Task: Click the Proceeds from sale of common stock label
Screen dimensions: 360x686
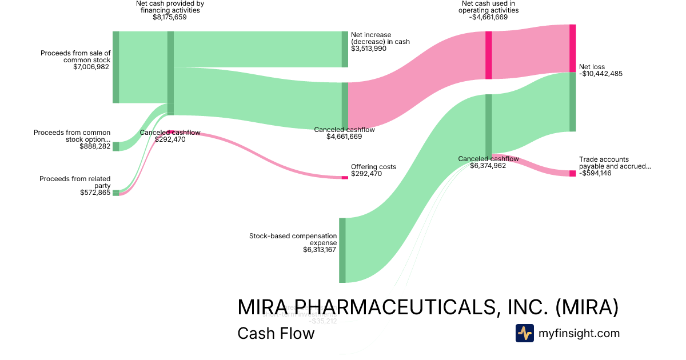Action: (x=75, y=56)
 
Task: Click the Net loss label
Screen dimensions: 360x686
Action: (x=592, y=67)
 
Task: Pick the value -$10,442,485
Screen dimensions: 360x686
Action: (x=601, y=74)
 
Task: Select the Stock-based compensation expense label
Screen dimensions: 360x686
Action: (x=293, y=239)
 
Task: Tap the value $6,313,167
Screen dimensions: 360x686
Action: (x=320, y=250)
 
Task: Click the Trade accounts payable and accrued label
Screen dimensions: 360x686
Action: (x=615, y=163)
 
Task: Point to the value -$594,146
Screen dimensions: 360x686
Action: (x=595, y=173)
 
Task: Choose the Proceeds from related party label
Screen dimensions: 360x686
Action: (x=75, y=182)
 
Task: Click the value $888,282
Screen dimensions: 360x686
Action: (x=95, y=146)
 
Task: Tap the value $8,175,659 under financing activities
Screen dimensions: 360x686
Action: (x=170, y=17)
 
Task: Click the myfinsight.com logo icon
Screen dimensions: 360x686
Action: (x=524, y=333)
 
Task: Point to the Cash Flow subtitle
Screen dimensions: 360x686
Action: (x=276, y=333)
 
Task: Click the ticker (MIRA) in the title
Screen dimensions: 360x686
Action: (x=587, y=307)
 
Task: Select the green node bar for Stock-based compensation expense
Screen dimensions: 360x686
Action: (x=342, y=250)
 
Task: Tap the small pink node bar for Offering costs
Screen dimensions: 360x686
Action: (x=345, y=178)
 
